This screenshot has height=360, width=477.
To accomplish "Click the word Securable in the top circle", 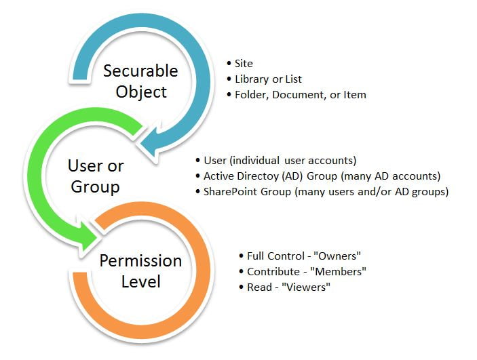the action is click(x=140, y=71).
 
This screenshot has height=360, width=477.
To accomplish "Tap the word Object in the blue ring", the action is click(x=141, y=92).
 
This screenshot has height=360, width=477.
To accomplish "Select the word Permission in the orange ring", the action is click(x=140, y=261).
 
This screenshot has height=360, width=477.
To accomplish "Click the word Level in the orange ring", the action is click(x=141, y=281).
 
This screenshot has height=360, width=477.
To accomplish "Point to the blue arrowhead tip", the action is click(x=140, y=144).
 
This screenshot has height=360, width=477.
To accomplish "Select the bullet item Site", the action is click(x=244, y=63).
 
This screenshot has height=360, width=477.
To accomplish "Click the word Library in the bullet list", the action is click(x=252, y=79).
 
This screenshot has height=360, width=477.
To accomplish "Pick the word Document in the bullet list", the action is click(x=297, y=95).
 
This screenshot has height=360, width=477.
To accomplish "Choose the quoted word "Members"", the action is click(x=338, y=271).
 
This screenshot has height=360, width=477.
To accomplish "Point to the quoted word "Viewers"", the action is click(x=306, y=287).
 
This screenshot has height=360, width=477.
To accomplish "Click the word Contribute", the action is click(x=273, y=271).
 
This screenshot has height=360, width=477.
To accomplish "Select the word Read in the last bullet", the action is click(x=259, y=287).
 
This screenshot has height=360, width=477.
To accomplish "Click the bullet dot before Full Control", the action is click(x=242, y=256).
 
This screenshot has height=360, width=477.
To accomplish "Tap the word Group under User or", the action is click(x=95, y=186).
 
